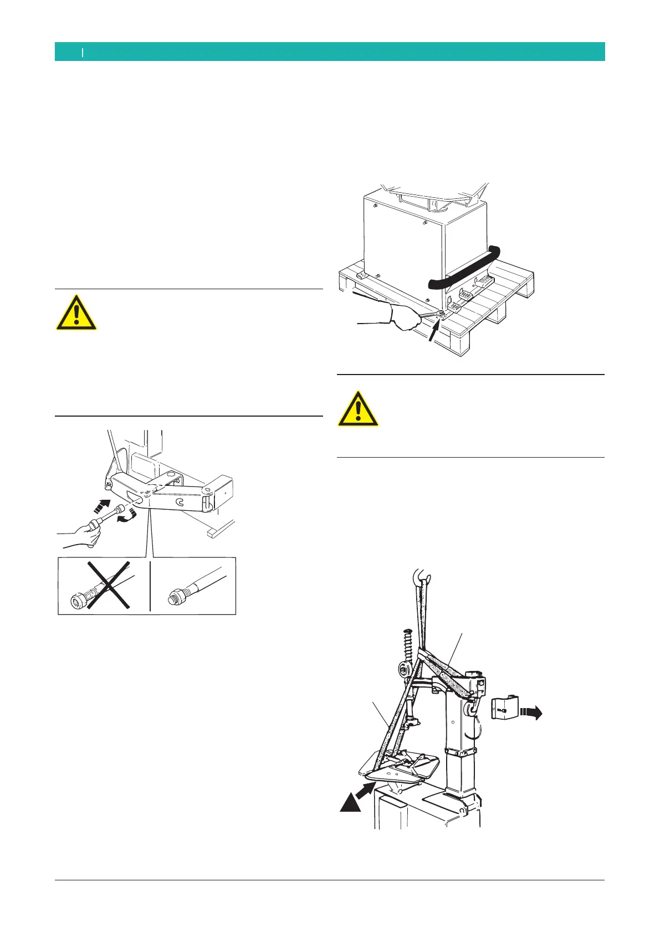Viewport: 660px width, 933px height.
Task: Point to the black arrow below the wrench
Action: [436, 332]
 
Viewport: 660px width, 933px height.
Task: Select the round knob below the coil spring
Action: [403, 671]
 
